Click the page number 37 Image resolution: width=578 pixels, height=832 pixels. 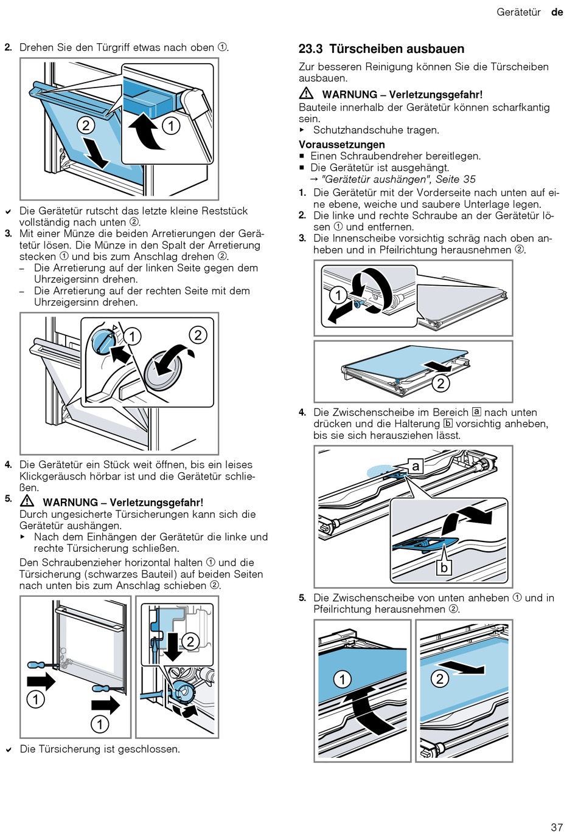point(556,827)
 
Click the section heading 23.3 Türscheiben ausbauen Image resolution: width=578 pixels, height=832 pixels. point(381,49)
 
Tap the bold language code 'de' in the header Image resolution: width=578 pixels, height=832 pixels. point(557,12)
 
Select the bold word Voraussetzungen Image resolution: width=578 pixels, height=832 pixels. point(341,145)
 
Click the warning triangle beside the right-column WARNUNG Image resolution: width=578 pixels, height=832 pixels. point(306,94)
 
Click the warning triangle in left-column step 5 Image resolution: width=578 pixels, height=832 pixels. point(27,501)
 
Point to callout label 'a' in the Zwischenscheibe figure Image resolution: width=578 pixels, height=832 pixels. point(416,466)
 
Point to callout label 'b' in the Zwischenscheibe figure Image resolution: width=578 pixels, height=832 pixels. point(444,567)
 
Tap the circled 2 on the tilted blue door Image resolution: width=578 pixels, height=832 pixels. point(86,125)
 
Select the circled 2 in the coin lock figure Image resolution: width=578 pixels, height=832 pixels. point(198,335)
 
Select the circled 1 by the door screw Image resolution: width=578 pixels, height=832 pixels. point(338,295)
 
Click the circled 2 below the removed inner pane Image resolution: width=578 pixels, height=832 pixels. point(440,383)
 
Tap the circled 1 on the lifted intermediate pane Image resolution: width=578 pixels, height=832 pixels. point(343,679)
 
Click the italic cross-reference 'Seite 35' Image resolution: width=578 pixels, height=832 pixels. point(455,179)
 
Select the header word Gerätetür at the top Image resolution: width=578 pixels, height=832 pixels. point(518,12)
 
